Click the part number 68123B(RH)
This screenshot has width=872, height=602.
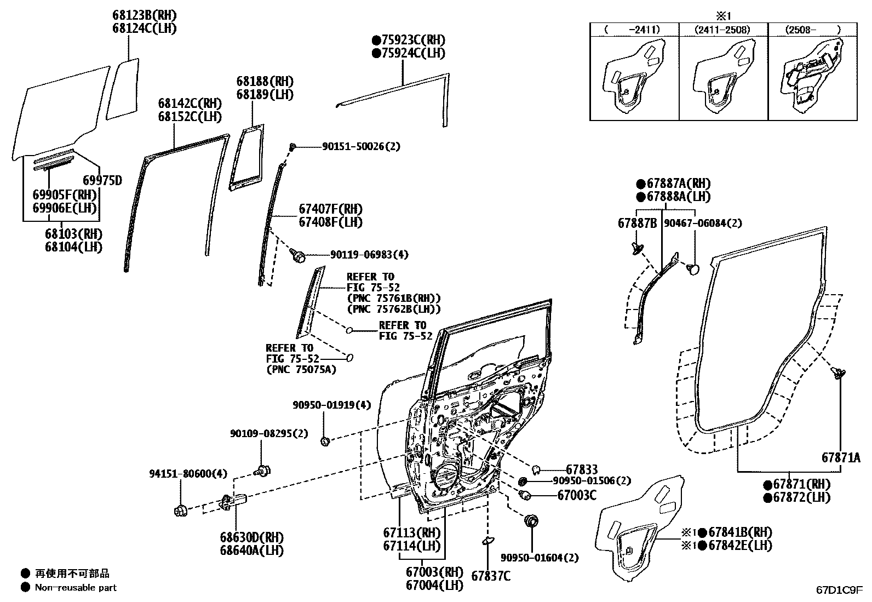click(x=145, y=15)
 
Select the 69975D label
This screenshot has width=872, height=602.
click(x=102, y=180)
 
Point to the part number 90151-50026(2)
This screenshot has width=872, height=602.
click(x=361, y=146)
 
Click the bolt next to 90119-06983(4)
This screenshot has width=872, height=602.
click(x=298, y=256)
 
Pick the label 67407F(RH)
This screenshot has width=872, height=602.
click(x=330, y=209)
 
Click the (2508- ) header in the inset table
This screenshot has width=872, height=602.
click(x=812, y=30)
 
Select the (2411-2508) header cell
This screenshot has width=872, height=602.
click(x=722, y=30)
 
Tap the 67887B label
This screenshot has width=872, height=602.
click(x=637, y=223)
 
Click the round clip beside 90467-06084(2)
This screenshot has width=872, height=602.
click(x=693, y=269)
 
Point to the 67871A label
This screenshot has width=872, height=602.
click(x=841, y=457)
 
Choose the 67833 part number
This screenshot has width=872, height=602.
click(x=582, y=469)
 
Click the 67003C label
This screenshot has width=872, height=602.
click(x=577, y=495)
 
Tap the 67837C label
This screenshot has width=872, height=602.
click(x=491, y=576)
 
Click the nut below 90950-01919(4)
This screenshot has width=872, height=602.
click(x=325, y=442)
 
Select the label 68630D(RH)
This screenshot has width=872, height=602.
click(x=252, y=537)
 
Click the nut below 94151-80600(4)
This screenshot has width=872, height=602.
click(x=181, y=510)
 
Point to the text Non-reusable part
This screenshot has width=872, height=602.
click(x=76, y=588)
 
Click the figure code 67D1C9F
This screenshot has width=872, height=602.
click(x=839, y=590)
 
